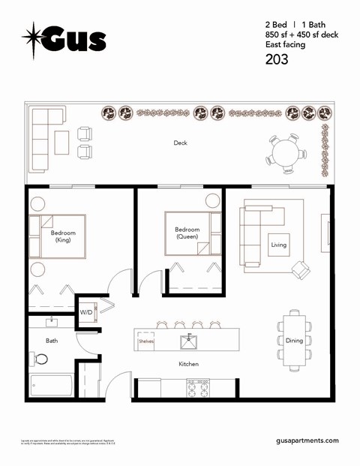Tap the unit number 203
pyautogui.click(x=277, y=60)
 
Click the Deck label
pyautogui.click(x=180, y=143)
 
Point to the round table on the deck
pyautogui.click(x=286, y=154)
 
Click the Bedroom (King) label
pyautogui.click(x=63, y=236)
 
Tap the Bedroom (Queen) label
pyautogui.click(x=187, y=233)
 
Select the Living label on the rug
pyautogui.click(x=279, y=245)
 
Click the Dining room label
pyautogui.click(x=294, y=341)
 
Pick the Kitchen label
pyautogui.click(x=189, y=364)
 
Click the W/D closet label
pyautogui.click(x=86, y=312)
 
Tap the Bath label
pyautogui.click(x=52, y=340)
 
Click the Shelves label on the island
pyautogui.click(x=145, y=341)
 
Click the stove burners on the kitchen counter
pyautogui.click(x=198, y=387)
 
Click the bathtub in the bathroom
pyautogui.click(x=51, y=385)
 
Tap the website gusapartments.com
pyautogui.click(x=307, y=441)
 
